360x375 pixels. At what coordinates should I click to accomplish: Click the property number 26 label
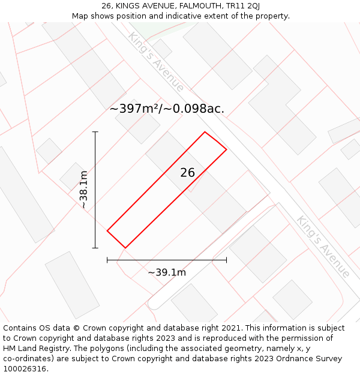click(x=188, y=173)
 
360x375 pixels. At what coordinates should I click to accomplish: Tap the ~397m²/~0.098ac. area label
click(x=167, y=109)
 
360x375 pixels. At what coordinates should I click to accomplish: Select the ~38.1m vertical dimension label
click(x=84, y=190)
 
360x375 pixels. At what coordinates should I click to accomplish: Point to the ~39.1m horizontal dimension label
click(x=167, y=272)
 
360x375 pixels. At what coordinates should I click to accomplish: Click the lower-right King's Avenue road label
click(x=323, y=247)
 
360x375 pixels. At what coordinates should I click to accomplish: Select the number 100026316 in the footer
click(x=26, y=369)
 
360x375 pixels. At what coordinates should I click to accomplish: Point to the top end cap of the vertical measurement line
click(x=95, y=132)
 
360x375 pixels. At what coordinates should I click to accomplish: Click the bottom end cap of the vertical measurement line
click(x=95, y=248)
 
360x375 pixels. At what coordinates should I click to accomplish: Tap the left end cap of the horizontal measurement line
click(x=107, y=260)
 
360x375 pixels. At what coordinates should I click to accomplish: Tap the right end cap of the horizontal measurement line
click(x=226, y=260)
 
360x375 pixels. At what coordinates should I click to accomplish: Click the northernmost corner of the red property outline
click(x=205, y=132)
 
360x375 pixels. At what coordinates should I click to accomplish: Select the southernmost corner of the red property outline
click(x=125, y=248)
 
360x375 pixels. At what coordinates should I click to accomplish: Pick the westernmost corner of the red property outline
click(x=107, y=230)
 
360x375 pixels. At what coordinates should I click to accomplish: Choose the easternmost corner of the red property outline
click(x=226, y=149)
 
